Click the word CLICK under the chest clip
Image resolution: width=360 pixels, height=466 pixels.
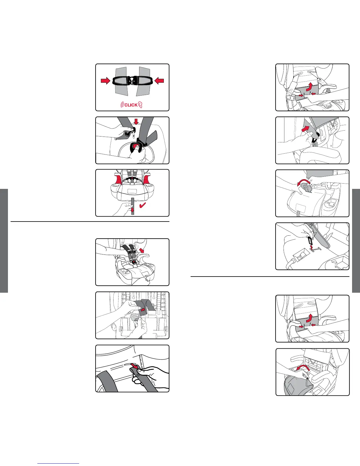(131, 105)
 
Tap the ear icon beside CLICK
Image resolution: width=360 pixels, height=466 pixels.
(140, 105)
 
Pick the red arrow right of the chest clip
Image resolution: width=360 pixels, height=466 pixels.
(159, 81)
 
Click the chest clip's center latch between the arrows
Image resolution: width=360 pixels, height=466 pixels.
(132, 81)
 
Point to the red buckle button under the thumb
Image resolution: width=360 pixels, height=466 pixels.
(135, 146)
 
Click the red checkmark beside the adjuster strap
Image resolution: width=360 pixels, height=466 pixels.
(143, 205)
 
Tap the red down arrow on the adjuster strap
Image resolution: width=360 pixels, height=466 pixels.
(133, 209)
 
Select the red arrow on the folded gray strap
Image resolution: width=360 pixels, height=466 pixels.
(143, 310)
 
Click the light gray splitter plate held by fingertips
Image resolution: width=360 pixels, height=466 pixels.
(135, 317)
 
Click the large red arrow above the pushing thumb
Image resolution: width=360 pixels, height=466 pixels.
(306, 129)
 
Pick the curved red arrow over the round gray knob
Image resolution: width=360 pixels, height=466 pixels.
(304, 182)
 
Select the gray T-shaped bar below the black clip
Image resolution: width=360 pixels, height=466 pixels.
(316, 249)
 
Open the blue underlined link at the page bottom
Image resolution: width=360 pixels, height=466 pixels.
(58, 463)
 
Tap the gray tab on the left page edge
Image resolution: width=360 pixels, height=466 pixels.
(4, 241)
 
